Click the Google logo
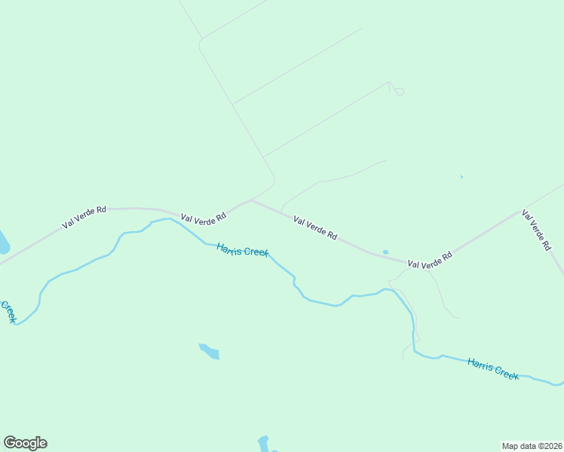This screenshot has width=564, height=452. [25, 443]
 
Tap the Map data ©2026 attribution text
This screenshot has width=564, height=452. [532, 446]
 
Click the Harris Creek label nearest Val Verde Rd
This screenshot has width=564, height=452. [242, 249]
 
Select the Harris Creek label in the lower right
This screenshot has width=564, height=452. [492, 368]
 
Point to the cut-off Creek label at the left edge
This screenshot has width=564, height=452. [9, 311]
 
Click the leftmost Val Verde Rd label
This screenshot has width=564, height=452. [84, 216]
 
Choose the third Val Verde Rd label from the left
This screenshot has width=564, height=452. [314, 228]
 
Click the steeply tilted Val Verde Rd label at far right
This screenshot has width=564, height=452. [535, 229]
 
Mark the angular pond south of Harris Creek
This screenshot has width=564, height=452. [210, 352]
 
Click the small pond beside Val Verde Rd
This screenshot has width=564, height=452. [385, 252]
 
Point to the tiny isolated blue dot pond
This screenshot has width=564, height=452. [461, 178]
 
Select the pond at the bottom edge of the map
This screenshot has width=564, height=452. [263, 443]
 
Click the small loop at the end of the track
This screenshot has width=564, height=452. [400, 92]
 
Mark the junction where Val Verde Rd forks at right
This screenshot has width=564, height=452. [408, 262]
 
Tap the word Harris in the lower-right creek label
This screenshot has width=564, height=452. [479, 364]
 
